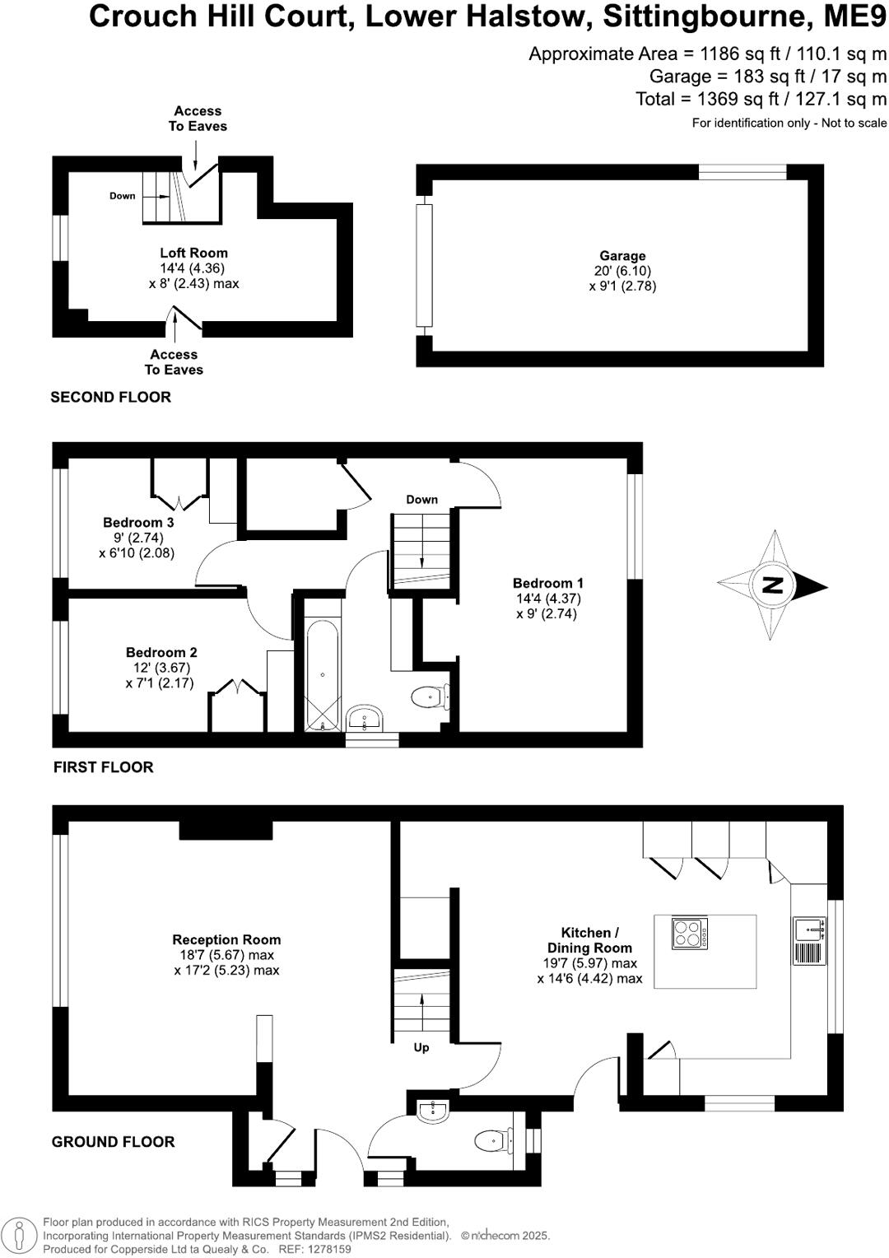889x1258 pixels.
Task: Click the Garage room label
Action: pyautogui.click(x=622, y=256)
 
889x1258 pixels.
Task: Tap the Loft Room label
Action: pyautogui.click(x=193, y=253)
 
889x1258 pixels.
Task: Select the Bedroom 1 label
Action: pyautogui.click(x=547, y=583)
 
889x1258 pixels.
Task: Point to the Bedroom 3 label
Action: pyautogui.click(x=138, y=522)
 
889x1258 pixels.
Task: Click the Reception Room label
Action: pyautogui.click(x=226, y=939)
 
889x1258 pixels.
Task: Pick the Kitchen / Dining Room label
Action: pyautogui.click(x=589, y=940)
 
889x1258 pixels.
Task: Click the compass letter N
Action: pyautogui.click(x=773, y=585)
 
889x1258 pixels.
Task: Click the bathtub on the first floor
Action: pyautogui.click(x=322, y=675)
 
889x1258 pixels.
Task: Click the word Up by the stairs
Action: pyautogui.click(x=421, y=1048)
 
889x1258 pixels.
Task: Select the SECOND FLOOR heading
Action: pyautogui.click(x=110, y=397)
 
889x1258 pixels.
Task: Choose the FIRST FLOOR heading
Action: pyautogui.click(x=103, y=767)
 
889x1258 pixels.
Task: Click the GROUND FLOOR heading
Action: pyautogui.click(x=113, y=1142)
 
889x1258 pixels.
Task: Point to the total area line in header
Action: pyautogui.click(x=761, y=99)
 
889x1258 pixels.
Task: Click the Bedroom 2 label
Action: pyautogui.click(x=161, y=652)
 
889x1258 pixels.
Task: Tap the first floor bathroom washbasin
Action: pyautogui.click(x=363, y=720)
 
